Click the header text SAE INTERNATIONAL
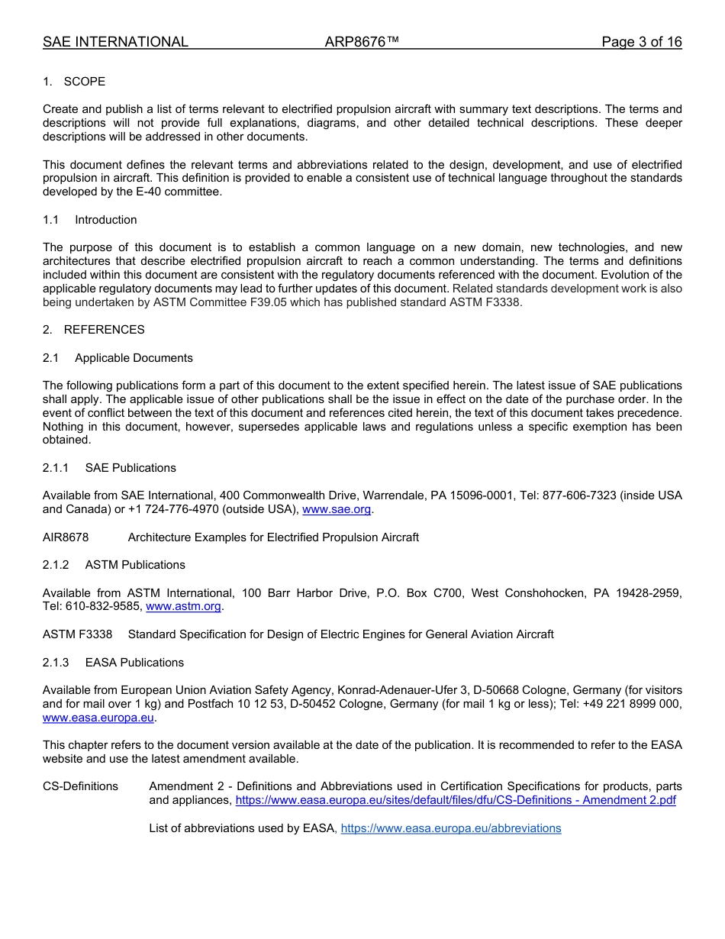click(x=115, y=42)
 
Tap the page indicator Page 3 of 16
click(x=641, y=42)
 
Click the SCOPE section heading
click(x=84, y=82)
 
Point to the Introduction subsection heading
click(x=105, y=220)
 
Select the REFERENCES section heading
click(x=104, y=330)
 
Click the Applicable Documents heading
click(x=134, y=358)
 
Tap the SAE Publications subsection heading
click(x=130, y=468)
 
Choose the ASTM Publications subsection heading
click(x=135, y=565)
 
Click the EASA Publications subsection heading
click(x=134, y=663)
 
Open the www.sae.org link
click(x=337, y=509)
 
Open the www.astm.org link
click(x=183, y=606)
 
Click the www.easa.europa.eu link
click(x=98, y=718)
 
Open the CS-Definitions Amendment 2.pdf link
click(x=456, y=800)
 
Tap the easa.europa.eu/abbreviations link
click(x=450, y=828)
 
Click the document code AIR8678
click(x=66, y=537)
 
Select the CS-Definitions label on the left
click(x=80, y=786)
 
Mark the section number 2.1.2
click(x=56, y=565)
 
